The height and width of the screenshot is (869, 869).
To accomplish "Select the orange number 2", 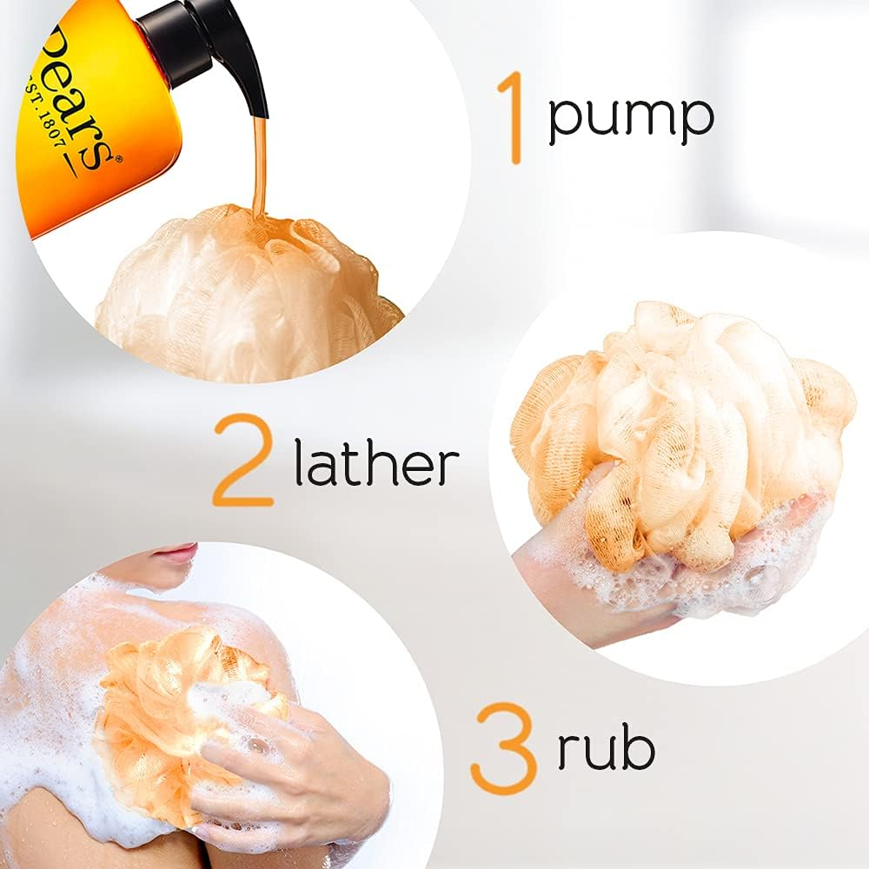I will pyautogui.click(x=244, y=461).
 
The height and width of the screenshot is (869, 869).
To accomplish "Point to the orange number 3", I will pyautogui.click(x=503, y=749).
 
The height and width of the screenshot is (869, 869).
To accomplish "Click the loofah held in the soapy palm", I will pyautogui.click(x=687, y=426).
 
